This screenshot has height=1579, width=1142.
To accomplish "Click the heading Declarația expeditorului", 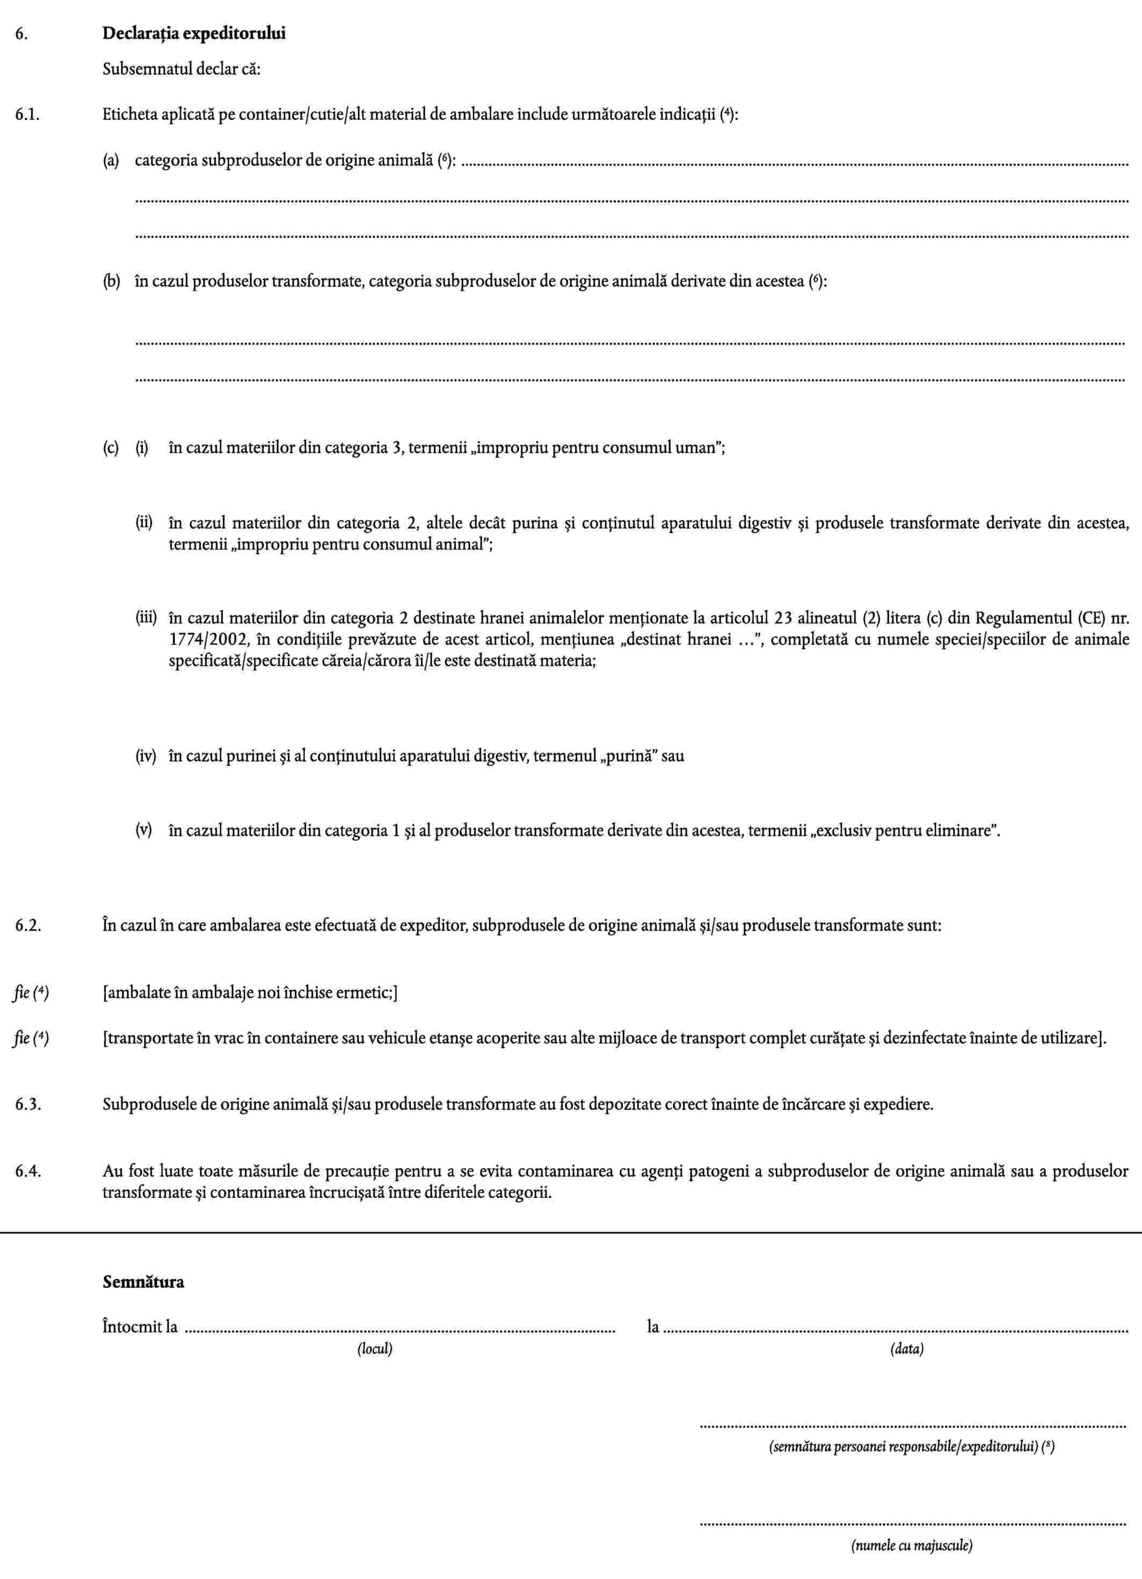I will [194, 33].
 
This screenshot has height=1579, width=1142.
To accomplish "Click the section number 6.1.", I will [27, 115].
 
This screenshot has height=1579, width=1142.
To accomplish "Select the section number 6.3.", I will [28, 1104].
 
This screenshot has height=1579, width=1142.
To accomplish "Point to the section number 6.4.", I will [28, 1171].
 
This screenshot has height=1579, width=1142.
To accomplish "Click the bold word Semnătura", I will [143, 1282].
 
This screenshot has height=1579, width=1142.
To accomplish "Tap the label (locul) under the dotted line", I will [375, 1349].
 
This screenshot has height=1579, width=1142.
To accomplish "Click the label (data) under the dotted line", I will [907, 1349].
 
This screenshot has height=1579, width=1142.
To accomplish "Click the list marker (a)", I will [111, 161].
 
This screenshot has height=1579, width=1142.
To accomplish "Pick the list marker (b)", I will [111, 282].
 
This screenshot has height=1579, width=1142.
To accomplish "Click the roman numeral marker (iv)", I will [146, 756].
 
